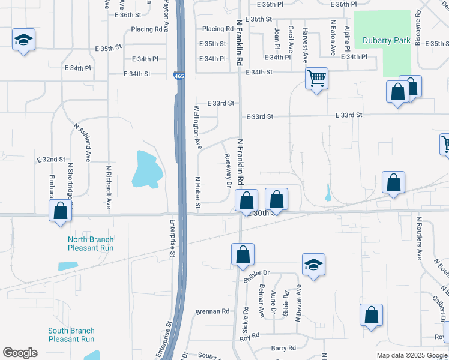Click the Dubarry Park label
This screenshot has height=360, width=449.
[386, 41]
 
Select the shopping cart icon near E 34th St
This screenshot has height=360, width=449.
[316, 78]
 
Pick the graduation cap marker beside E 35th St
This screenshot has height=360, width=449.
[23, 40]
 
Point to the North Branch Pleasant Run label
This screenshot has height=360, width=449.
[90, 243]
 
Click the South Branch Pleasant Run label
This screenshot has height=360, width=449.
[71, 335]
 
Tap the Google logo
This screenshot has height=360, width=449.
[20, 353]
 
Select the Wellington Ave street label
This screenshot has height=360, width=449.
[197, 127]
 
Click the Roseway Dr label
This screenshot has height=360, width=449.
[228, 170]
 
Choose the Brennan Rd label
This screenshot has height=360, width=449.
[212, 311]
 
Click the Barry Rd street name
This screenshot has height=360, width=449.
[283, 348]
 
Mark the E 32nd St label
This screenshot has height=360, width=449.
[50, 160]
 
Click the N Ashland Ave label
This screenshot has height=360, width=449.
[82, 143]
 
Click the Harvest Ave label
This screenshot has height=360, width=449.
[305, 46]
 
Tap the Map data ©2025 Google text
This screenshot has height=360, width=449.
[412, 355]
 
